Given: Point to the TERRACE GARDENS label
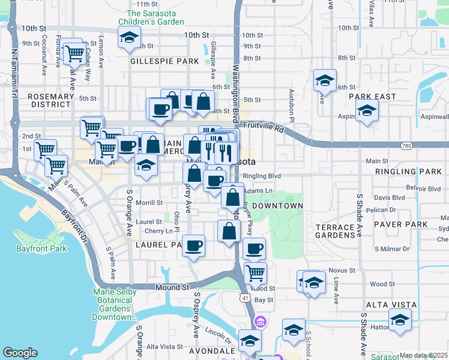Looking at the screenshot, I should tap(335, 231).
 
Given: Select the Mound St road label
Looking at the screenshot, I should tap(172, 288).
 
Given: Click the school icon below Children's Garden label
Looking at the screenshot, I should tap(129, 37).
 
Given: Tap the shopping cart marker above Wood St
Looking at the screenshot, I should tap(255, 273).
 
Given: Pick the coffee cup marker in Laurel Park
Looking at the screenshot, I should tap(193, 246).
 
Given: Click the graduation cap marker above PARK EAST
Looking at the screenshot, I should tap(325, 80).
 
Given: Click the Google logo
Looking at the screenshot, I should tap(20, 353).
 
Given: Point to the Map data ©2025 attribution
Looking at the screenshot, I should tap(423, 355).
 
